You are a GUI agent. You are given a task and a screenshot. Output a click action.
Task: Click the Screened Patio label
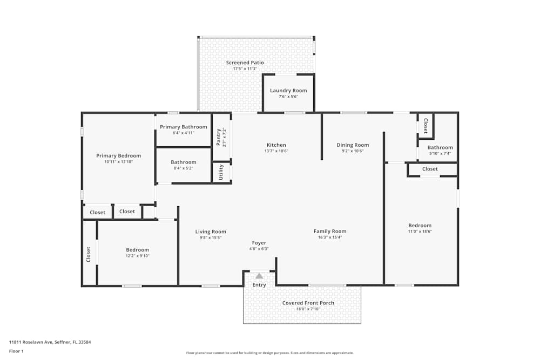(x=245, y=63)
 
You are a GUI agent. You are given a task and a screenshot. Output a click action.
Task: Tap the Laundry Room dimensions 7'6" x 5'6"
(x=288, y=97)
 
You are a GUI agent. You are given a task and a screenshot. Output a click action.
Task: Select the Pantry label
(x=219, y=137)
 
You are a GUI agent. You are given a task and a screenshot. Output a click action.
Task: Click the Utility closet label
(x=221, y=173)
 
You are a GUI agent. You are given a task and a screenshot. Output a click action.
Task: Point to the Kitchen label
(x=276, y=145)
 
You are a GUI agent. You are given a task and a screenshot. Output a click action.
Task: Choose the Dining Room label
(x=353, y=145)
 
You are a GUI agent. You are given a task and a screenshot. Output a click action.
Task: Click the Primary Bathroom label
(x=183, y=127)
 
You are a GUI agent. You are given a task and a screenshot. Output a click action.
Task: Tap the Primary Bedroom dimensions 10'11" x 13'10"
(x=118, y=162)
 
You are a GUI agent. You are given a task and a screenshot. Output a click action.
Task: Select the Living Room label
(x=211, y=232)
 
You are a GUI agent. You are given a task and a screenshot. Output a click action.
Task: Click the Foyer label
(x=259, y=243)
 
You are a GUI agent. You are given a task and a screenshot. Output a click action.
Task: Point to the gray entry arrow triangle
(x=259, y=276)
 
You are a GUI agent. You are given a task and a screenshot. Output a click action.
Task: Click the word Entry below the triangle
(x=259, y=285)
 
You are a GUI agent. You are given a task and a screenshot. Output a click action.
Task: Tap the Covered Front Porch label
(x=308, y=303)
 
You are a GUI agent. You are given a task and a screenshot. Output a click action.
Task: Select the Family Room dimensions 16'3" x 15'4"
(x=330, y=237)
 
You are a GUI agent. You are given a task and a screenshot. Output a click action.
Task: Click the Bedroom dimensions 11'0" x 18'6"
(x=420, y=232)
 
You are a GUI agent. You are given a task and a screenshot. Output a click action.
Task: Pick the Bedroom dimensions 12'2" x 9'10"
(x=137, y=256)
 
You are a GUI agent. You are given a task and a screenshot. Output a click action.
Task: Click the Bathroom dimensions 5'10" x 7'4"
(x=440, y=153)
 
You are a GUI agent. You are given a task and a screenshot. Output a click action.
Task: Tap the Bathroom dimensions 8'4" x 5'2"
(x=183, y=168)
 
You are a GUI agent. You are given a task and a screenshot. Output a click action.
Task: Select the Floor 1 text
(x=16, y=351)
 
